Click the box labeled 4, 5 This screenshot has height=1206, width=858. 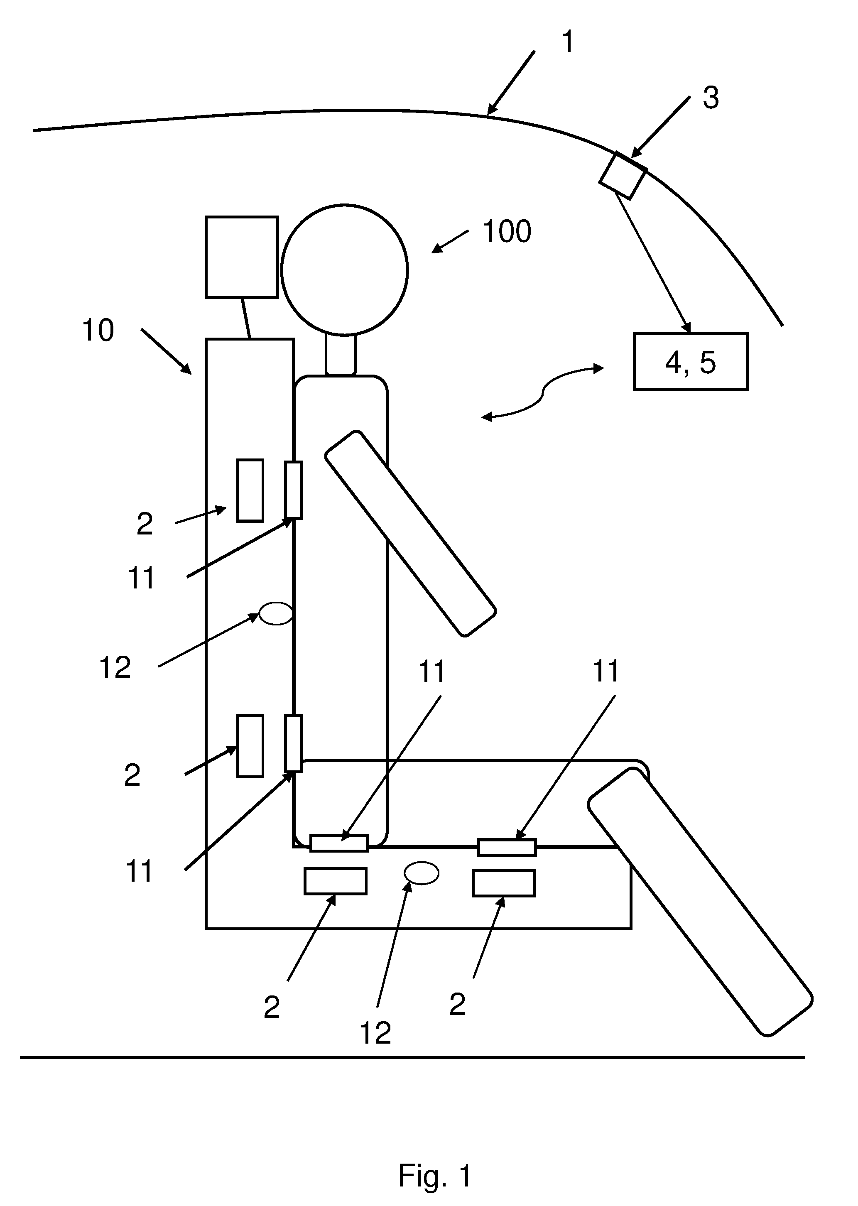coord(691,362)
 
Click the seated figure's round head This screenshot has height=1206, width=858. coord(344,270)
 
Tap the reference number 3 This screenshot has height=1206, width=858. coord(711,98)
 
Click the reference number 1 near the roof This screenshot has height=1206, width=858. coord(568,42)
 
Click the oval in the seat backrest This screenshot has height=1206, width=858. coord(275,613)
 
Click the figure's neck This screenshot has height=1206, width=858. coord(341,355)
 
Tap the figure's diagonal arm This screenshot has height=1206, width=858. coord(410,534)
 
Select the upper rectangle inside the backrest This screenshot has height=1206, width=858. coord(250,491)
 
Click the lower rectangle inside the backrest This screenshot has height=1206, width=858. coord(250,746)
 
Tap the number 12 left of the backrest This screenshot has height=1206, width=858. coord(115,668)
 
